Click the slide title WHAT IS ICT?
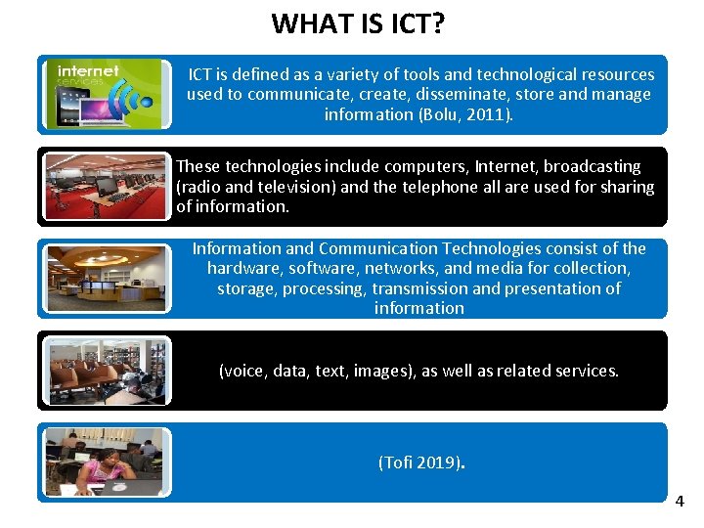[x=358, y=22]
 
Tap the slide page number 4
[x=680, y=502]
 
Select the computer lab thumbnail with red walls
[x=106, y=185]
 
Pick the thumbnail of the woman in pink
[x=106, y=462]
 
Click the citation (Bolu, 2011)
[x=464, y=114]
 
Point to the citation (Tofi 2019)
[x=419, y=462]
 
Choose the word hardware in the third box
[x=244, y=268]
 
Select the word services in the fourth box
[x=586, y=371]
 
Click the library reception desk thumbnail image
[x=106, y=278]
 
